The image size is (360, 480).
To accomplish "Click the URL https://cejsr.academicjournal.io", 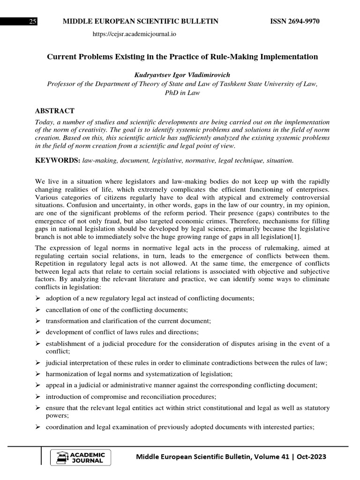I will click(135, 34).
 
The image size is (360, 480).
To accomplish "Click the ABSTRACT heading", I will click(55, 111).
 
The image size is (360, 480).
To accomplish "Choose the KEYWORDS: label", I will click(58, 161).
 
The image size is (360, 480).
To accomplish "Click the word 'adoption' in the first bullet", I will click(59, 299).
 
